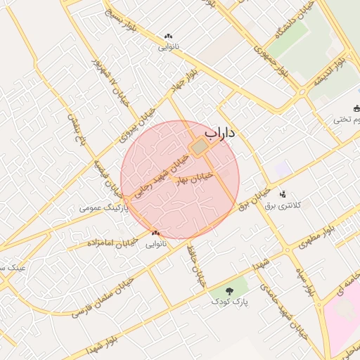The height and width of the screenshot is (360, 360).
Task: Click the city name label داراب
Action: [x=221, y=132]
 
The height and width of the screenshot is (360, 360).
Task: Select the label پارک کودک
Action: [x=230, y=301]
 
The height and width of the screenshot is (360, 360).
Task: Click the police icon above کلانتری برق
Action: [x=283, y=193]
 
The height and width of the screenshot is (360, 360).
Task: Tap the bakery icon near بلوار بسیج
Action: [x=168, y=36]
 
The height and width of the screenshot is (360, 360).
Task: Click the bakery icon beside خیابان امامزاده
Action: [x=155, y=233]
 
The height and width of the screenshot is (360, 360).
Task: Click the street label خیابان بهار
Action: [x=193, y=175]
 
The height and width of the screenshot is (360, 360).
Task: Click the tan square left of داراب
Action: [x=200, y=146]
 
